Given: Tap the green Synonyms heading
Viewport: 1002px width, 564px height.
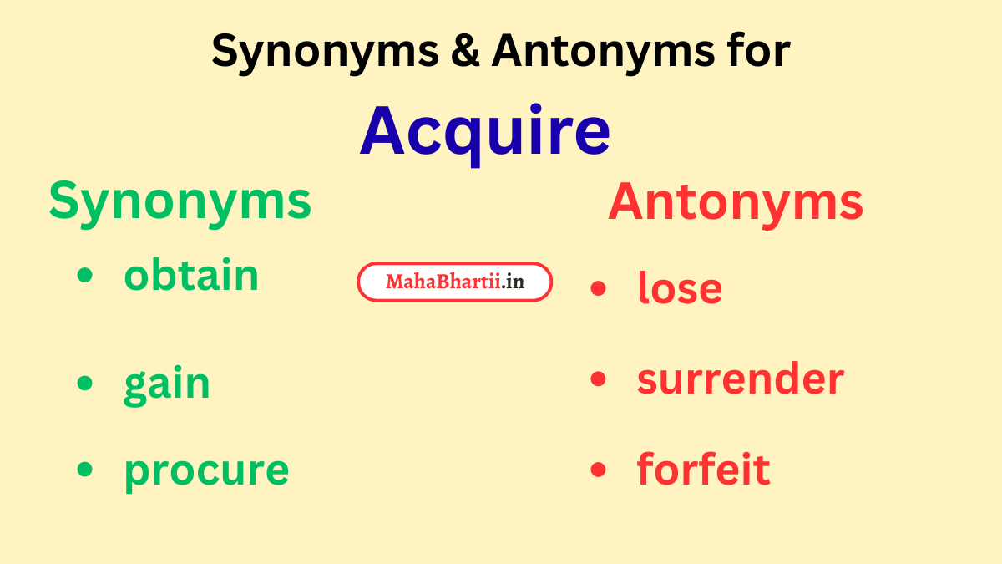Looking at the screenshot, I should click(x=180, y=202).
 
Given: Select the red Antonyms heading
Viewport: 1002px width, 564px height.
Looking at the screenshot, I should click(x=735, y=202).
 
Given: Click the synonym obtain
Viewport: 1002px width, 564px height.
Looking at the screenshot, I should click(x=191, y=276).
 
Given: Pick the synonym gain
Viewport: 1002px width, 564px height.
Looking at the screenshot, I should click(x=167, y=384).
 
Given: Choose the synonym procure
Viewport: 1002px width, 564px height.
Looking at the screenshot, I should click(x=206, y=470).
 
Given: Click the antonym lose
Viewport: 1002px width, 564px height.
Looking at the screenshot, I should click(x=680, y=288).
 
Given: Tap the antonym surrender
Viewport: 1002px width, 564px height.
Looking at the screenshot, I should click(x=740, y=379).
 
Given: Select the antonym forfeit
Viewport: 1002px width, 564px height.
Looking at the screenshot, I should click(x=703, y=470).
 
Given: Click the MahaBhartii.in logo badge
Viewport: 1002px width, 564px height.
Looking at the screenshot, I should click(x=455, y=282).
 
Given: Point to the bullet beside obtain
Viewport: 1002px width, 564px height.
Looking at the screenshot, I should click(x=84, y=276).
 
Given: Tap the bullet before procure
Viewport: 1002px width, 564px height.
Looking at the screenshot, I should click(x=84, y=470).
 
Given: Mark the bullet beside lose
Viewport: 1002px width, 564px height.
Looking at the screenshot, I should click(x=597, y=288).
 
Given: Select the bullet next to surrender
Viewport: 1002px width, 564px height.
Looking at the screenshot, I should click(x=597, y=379).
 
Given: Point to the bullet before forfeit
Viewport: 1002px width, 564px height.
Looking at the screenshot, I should click(x=597, y=470).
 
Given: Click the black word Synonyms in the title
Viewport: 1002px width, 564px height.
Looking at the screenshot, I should click(x=324, y=53).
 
